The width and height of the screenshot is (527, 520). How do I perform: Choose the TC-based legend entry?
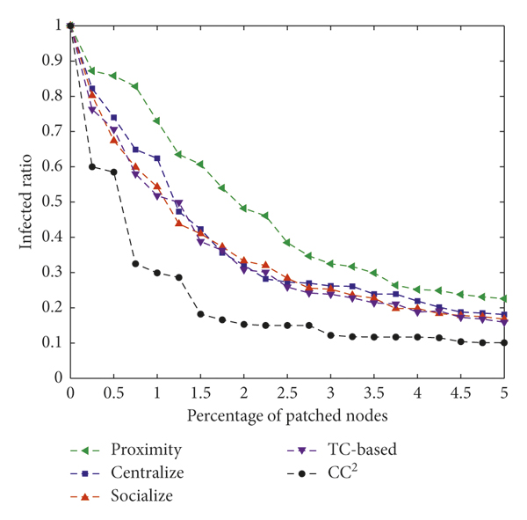coord(360,450)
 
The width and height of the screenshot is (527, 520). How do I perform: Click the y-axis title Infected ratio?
coord(30,201)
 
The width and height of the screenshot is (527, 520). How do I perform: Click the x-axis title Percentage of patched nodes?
coord(286,412)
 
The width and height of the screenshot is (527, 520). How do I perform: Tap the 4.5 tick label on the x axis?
coord(460,392)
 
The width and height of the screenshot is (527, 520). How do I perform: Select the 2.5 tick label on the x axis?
coord(286,392)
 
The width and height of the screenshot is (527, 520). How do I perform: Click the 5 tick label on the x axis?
coord(503,392)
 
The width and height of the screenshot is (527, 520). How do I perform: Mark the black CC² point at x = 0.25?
coord(92,166)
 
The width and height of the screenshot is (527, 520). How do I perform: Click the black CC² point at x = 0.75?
coord(135,264)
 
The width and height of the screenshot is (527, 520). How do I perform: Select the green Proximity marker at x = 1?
coord(157,121)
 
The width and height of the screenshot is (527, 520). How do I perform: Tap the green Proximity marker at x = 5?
coord(503,298)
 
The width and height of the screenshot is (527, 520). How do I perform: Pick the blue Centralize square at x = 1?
coord(157,158)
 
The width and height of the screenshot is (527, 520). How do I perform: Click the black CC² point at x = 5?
coord(503,342)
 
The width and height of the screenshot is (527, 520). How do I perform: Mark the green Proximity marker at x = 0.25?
coord(92,70)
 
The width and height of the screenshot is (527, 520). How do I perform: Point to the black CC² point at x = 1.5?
coord(200,314)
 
